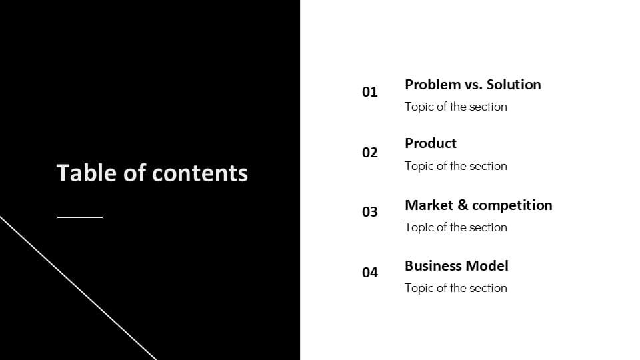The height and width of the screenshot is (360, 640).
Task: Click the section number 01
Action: coord(370,92)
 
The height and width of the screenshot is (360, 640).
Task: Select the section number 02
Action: coord(370,153)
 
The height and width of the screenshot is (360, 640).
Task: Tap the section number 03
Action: coord(370,212)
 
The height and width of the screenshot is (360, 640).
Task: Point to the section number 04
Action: coord(370,273)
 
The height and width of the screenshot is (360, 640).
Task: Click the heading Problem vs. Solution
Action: coord(473,85)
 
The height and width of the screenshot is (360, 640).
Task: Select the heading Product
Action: coord(431,143)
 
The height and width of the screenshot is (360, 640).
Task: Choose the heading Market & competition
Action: coord(478,205)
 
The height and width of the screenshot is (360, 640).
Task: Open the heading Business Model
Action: coord(456,266)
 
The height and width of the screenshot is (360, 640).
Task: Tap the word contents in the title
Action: coord(200,174)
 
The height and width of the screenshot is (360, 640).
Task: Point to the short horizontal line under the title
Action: coord(80,217)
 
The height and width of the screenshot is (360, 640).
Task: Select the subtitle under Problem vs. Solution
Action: coord(456,107)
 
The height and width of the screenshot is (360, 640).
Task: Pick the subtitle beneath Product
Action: coord(456,166)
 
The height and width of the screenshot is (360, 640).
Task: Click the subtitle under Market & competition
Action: coord(456,227)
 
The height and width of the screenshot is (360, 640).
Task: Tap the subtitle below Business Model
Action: coord(456,288)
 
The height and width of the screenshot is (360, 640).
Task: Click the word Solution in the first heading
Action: coord(513,85)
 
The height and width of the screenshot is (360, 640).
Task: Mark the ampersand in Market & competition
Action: coord(463,205)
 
